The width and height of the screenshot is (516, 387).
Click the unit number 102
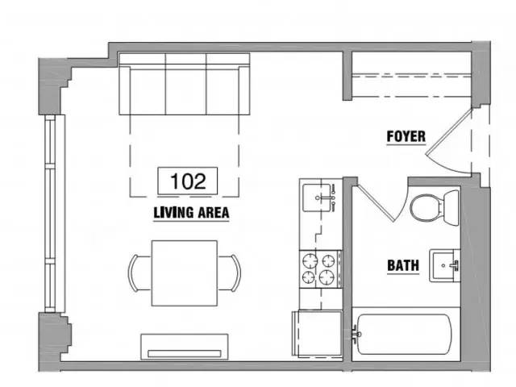(x=188, y=181)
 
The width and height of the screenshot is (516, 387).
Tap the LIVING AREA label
(x=191, y=213)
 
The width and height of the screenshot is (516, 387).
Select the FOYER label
(x=406, y=136)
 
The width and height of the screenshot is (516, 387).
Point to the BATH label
(x=403, y=265)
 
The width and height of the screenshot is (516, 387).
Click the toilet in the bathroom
(x=435, y=208)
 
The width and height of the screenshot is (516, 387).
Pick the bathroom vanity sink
(x=444, y=265)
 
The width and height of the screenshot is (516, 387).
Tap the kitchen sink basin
(x=316, y=198)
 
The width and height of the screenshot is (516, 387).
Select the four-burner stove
(x=320, y=269)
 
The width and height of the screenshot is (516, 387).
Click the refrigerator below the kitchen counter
(x=317, y=333)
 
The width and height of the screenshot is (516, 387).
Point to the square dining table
(x=185, y=273)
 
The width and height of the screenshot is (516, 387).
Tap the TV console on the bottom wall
(x=185, y=347)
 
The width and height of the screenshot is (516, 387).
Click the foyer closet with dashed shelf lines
(x=412, y=75)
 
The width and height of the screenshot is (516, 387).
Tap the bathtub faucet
(x=356, y=334)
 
